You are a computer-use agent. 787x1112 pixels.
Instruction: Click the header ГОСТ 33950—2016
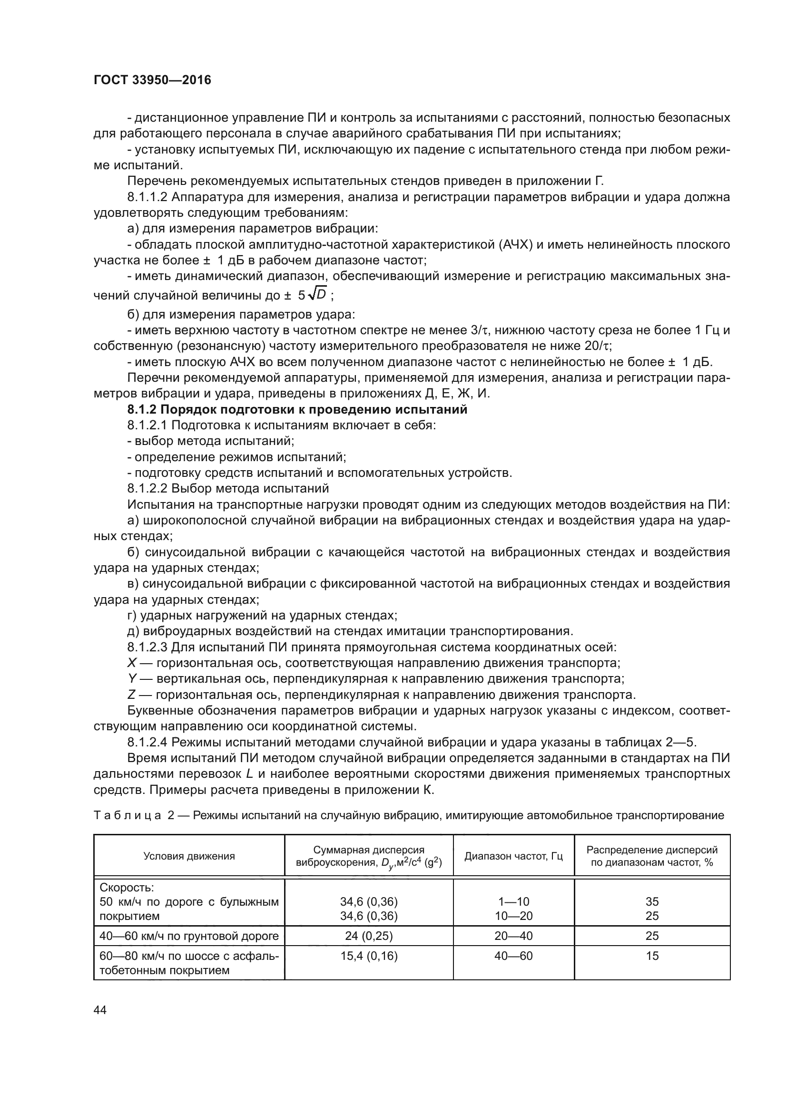tap(152, 80)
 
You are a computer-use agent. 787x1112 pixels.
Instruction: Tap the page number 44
tap(100, 1010)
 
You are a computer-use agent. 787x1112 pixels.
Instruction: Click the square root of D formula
tap(318, 294)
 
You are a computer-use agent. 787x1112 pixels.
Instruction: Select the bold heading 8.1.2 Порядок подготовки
tap(297, 409)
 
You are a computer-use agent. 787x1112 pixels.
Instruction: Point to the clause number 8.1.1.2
tap(148, 197)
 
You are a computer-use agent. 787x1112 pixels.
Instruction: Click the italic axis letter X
tap(131, 663)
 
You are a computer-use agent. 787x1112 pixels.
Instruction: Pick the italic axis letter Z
tap(131, 695)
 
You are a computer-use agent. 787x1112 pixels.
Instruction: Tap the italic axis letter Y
tap(131, 678)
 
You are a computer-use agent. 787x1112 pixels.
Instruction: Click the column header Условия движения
tap(189, 856)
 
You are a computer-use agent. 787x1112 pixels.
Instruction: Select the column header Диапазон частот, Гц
tap(513, 856)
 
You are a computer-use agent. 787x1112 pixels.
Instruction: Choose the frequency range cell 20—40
tap(513, 935)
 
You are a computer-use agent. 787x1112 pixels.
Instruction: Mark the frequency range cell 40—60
tap(513, 956)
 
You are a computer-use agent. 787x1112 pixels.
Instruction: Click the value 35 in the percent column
tap(652, 901)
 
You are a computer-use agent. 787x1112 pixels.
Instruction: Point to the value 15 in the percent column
tap(652, 956)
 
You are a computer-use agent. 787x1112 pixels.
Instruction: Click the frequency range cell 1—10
tap(513, 901)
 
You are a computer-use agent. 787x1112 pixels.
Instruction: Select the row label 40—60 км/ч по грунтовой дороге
tap(189, 935)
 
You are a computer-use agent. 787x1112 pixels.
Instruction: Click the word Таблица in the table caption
tap(127, 815)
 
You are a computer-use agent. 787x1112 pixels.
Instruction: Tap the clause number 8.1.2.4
tap(148, 742)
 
